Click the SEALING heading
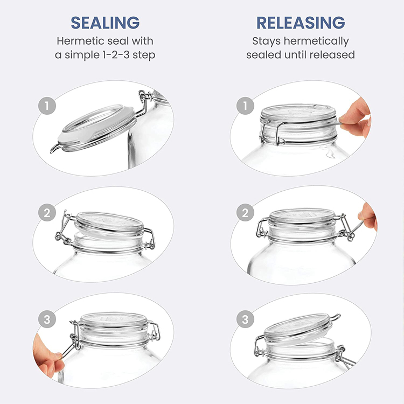coord(106,23)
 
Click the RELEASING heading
coord(301,23)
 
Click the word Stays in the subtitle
coord(266,41)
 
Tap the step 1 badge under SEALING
coord(47,106)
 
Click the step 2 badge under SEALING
coord(47,213)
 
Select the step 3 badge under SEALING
coord(47,319)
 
